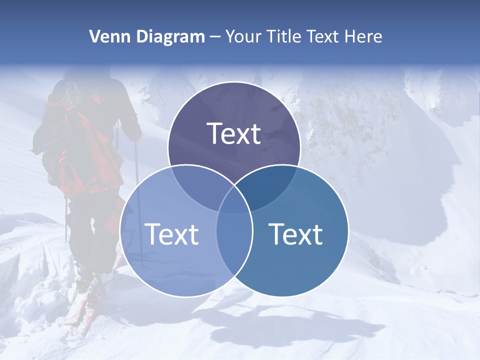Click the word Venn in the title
pos(106,36)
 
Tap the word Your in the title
pos(243,36)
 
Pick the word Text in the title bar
pos(324,36)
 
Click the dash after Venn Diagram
pos(215,37)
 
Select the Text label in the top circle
pos(234,133)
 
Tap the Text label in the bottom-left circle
pos(171,234)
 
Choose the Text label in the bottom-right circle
pos(295,234)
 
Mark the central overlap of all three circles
pos(234,200)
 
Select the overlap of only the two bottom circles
pos(234,240)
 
